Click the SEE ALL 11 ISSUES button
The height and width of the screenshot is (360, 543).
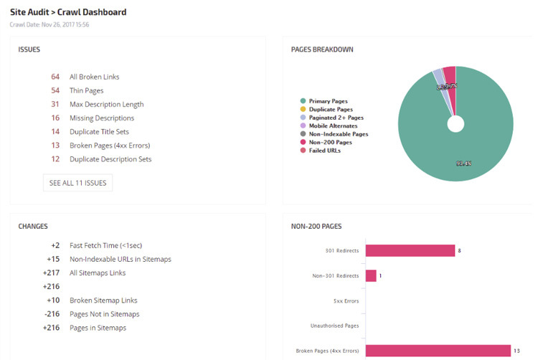77,183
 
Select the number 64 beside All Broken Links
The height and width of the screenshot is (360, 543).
55,77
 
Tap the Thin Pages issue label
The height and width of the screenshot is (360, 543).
86,90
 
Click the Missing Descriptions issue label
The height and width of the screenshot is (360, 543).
101,118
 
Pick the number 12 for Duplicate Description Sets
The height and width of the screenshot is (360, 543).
55,159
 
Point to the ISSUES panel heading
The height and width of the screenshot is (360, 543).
29,49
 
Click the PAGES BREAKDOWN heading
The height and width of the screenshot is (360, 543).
321,49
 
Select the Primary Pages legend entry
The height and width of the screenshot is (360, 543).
328,101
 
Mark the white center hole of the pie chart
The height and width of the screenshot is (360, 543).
455,124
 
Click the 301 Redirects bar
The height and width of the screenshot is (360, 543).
410,250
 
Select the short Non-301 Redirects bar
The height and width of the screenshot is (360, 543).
370,275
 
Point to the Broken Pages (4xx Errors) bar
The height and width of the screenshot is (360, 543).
438,351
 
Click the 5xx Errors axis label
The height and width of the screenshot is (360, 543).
346,300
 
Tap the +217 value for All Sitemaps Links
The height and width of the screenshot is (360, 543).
51,273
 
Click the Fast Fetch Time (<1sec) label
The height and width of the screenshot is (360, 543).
105,245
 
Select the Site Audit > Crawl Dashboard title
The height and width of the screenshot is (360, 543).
68,11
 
